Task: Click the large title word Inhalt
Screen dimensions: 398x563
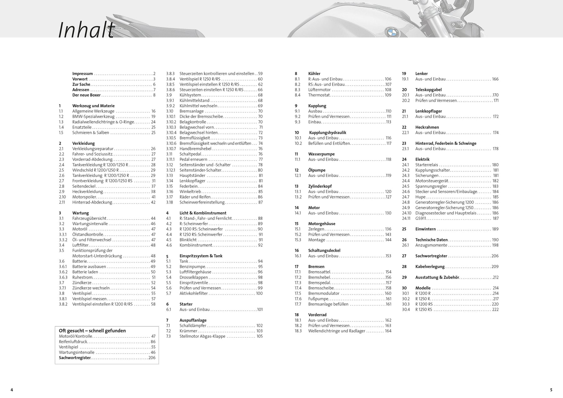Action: (x=86, y=31)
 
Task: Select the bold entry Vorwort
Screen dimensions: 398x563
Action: (x=80, y=79)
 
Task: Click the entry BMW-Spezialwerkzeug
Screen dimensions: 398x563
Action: (x=93, y=117)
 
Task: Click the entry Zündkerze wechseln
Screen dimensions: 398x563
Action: (x=91, y=288)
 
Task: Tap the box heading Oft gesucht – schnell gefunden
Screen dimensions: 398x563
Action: (x=92, y=330)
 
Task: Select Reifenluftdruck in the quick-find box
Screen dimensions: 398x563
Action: (x=73, y=342)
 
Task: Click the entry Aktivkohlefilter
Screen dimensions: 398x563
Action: (x=194, y=293)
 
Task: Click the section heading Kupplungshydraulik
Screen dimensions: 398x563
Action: (x=327, y=133)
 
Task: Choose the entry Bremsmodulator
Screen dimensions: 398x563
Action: (x=324, y=293)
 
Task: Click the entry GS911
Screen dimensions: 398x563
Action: (x=421, y=218)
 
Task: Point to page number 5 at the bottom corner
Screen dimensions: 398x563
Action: (x=551, y=390)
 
